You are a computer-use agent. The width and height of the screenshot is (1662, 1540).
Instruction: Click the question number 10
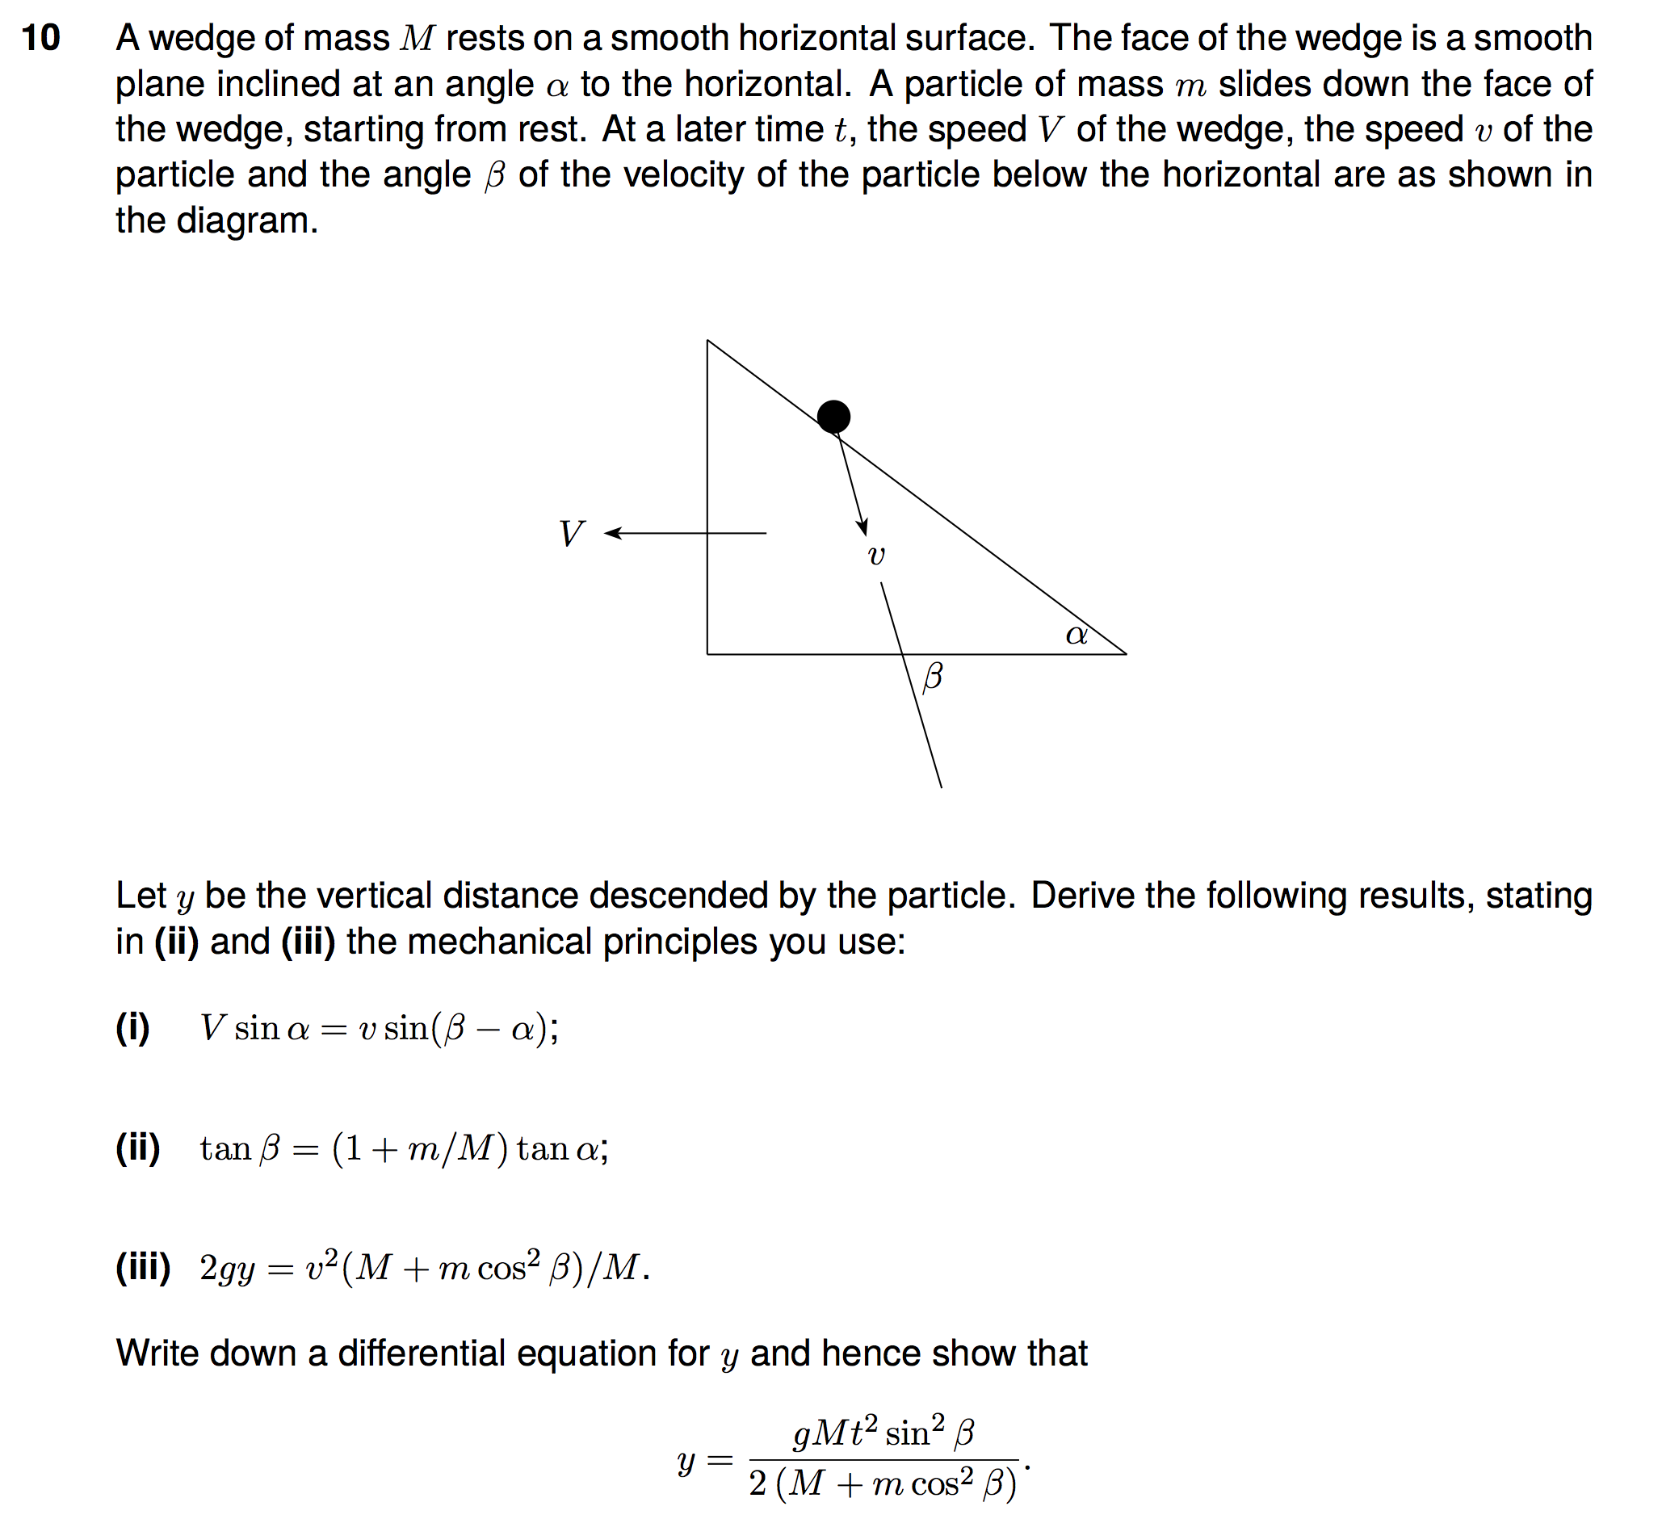click(41, 38)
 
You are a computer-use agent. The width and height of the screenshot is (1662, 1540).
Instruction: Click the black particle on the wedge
click(833, 417)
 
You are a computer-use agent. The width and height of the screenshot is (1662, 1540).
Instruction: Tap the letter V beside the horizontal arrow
click(572, 533)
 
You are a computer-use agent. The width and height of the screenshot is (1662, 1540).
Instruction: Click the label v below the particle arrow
click(876, 556)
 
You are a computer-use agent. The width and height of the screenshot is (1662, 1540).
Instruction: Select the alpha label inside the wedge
click(1076, 635)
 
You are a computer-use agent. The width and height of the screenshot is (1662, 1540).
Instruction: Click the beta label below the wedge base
click(933, 676)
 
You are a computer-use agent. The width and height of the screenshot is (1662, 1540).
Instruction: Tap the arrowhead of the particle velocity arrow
click(863, 527)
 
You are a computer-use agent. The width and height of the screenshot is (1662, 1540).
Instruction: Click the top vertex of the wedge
click(707, 341)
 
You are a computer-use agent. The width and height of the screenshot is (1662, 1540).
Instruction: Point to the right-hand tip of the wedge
click(1125, 654)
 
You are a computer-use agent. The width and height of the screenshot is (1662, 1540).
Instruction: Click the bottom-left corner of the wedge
click(707, 654)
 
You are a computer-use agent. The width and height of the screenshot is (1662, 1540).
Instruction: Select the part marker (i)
click(132, 1027)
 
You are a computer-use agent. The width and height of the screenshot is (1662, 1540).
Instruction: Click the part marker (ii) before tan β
click(137, 1148)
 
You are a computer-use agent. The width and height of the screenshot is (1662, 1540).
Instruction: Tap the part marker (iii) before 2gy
click(142, 1268)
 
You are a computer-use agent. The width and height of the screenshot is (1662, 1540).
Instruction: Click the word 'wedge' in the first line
click(183, 38)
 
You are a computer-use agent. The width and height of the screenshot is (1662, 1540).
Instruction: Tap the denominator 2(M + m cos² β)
click(883, 1484)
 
